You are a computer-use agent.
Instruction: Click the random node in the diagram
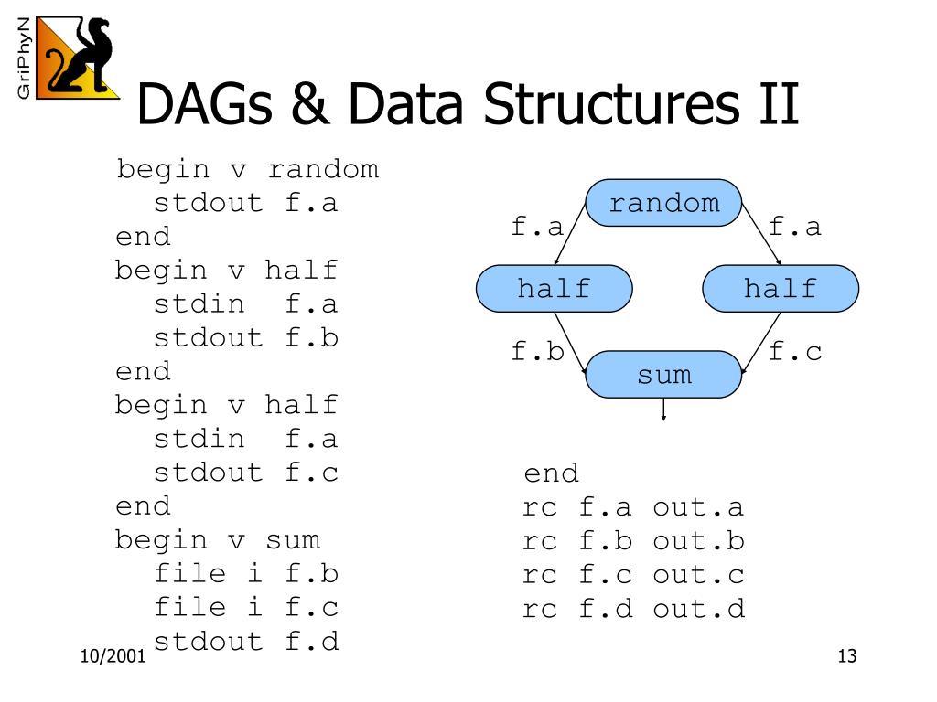coord(663,203)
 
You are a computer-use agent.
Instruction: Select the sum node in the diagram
coord(663,374)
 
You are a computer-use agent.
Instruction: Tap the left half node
coord(554,289)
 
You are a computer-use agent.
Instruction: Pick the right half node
coord(780,289)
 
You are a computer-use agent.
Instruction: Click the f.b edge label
coord(537,352)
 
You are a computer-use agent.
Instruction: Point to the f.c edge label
coord(795,352)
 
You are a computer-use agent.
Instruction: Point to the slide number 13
coord(846,657)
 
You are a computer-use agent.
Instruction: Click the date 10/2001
coord(113,657)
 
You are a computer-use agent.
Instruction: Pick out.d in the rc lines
coord(698,609)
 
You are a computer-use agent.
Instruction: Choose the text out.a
coord(698,507)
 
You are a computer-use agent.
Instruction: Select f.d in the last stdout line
coord(311,641)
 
